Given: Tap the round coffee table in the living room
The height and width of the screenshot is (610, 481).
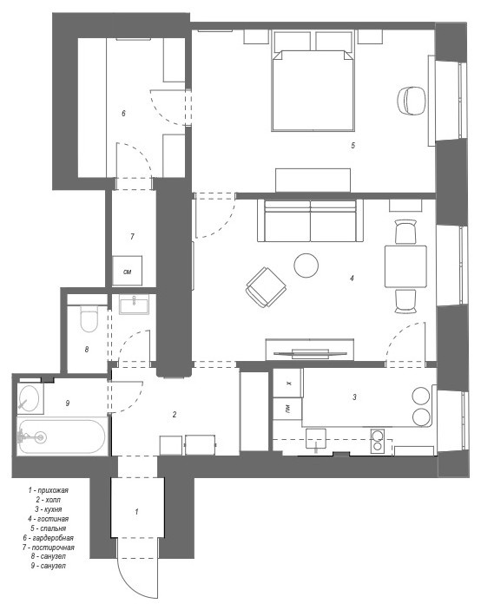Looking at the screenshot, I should pyautogui.click(x=306, y=265).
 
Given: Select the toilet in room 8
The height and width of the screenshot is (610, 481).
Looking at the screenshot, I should pyautogui.click(x=87, y=320).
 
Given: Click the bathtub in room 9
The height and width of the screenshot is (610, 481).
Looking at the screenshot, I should pyautogui.click(x=61, y=437).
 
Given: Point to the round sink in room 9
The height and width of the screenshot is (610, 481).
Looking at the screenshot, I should pyautogui.click(x=30, y=398).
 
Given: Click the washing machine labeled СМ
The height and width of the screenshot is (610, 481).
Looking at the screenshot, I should pyautogui.click(x=127, y=271).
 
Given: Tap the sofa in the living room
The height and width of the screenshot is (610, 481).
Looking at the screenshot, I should pyautogui.click(x=309, y=221).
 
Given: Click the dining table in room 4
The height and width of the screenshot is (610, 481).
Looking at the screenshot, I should pyautogui.click(x=405, y=266).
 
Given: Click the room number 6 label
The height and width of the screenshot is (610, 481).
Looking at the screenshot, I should pyautogui.click(x=123, y=113).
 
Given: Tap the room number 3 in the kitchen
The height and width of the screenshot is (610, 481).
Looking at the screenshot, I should pyautogui.click(x=354, y=397).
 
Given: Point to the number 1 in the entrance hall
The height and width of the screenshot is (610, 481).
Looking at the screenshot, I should pyautogui.click(x=136, y=512).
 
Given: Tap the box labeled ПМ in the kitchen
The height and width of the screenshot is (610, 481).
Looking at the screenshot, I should pyautogui.click(x=287, y=408).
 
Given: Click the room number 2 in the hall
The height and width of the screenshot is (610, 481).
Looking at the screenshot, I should pyautogui.click(x=175, y=415).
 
